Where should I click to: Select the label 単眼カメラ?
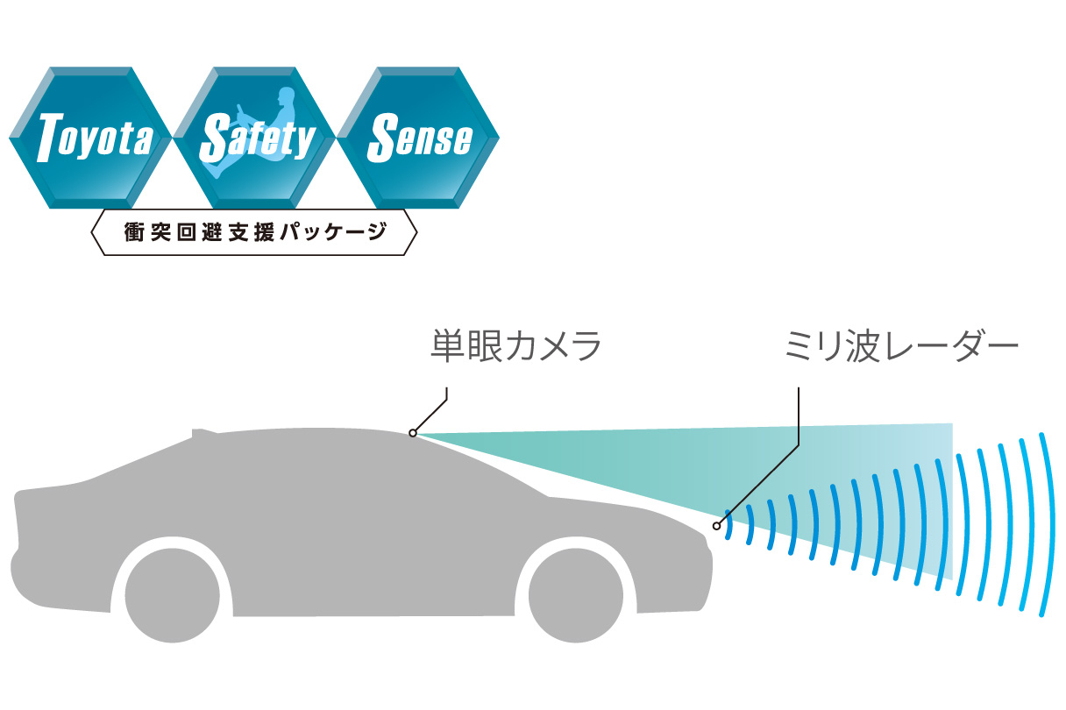[x=516, y=345]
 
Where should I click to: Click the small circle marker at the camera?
[x=413, y=433]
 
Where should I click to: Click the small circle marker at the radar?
[x=717, y=526]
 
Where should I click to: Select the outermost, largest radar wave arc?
[x=1047, y=526]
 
